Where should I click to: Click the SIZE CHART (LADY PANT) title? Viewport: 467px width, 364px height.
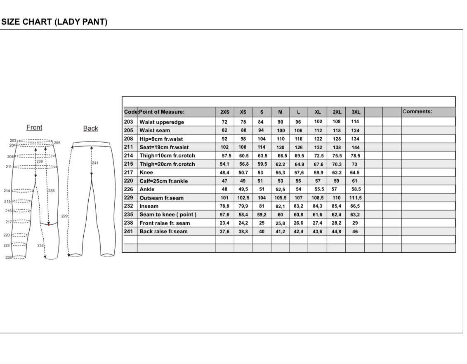54,22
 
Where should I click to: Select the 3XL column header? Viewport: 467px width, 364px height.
355,112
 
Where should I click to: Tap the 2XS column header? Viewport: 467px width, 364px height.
224,112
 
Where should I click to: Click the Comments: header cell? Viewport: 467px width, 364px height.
417,111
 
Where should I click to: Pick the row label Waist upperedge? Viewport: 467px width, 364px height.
162,122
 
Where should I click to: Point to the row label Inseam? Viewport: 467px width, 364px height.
149,206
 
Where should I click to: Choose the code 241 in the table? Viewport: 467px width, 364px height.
128,231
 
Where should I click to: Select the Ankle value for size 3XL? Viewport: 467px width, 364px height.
355,189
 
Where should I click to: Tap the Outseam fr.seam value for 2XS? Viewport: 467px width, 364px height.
224,198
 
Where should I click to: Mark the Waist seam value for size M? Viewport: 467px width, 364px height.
281,131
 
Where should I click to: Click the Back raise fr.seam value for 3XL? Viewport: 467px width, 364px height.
355,232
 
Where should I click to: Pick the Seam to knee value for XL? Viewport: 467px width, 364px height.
317,215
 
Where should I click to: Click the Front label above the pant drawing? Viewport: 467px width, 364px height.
34,128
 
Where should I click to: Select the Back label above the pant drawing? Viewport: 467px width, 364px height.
90,129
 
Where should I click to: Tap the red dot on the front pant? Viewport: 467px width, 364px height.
49,225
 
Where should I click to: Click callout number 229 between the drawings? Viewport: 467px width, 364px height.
64,216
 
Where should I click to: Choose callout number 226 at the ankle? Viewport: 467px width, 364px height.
8,257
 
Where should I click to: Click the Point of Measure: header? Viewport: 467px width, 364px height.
162,112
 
